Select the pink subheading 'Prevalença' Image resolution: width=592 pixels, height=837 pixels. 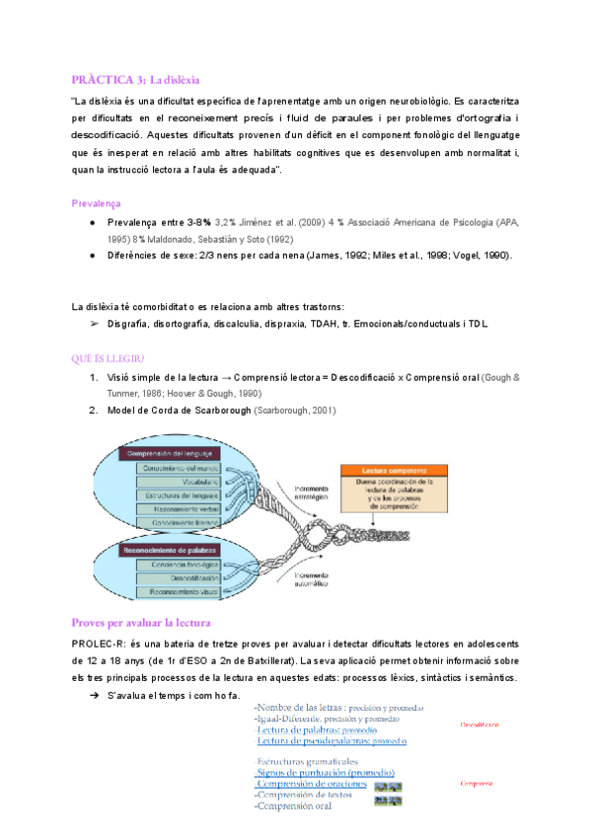pos(97,203)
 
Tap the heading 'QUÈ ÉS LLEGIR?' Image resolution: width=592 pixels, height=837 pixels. pos(111,358)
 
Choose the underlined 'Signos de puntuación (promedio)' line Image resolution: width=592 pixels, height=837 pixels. pos(326,772)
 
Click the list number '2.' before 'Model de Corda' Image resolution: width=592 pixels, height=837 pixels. pos(92,410)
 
